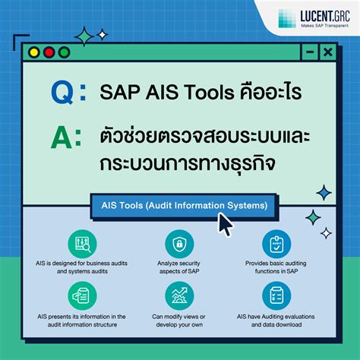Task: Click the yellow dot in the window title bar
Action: point(36,52)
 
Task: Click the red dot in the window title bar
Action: point(49,52)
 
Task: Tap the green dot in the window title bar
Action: point(64,52)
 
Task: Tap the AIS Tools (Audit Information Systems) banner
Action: point(179,205)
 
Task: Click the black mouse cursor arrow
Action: point(226,224)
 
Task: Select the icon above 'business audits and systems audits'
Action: point(82,244)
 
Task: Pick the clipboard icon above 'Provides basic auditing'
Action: point(276,244)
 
